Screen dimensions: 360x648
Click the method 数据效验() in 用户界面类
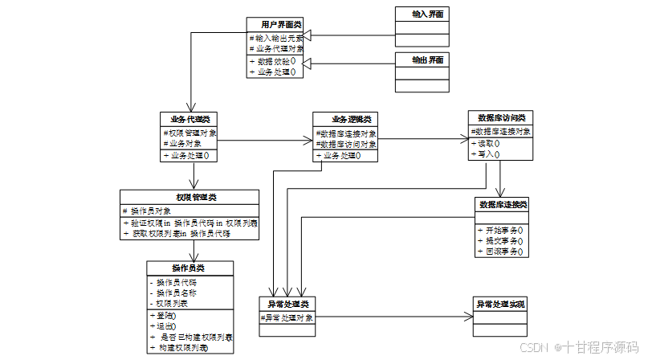(x=273, y=60)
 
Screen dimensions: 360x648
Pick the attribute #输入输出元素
(x=275, y=38)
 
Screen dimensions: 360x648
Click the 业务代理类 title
(x=190, y=119)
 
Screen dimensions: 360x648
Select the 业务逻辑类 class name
(x=345, y=119)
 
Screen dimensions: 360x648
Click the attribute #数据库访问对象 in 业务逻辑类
(x=345, y=145)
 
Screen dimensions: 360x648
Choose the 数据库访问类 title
(x=500, y=117)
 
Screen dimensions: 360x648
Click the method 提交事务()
(x=503, y=240)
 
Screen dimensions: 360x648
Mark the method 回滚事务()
(x=503, y=252)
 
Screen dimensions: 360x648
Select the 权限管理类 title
(x=190, y=197)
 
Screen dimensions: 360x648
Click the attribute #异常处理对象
(x=288, y=318)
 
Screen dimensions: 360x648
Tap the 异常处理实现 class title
(x=500, y=305)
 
